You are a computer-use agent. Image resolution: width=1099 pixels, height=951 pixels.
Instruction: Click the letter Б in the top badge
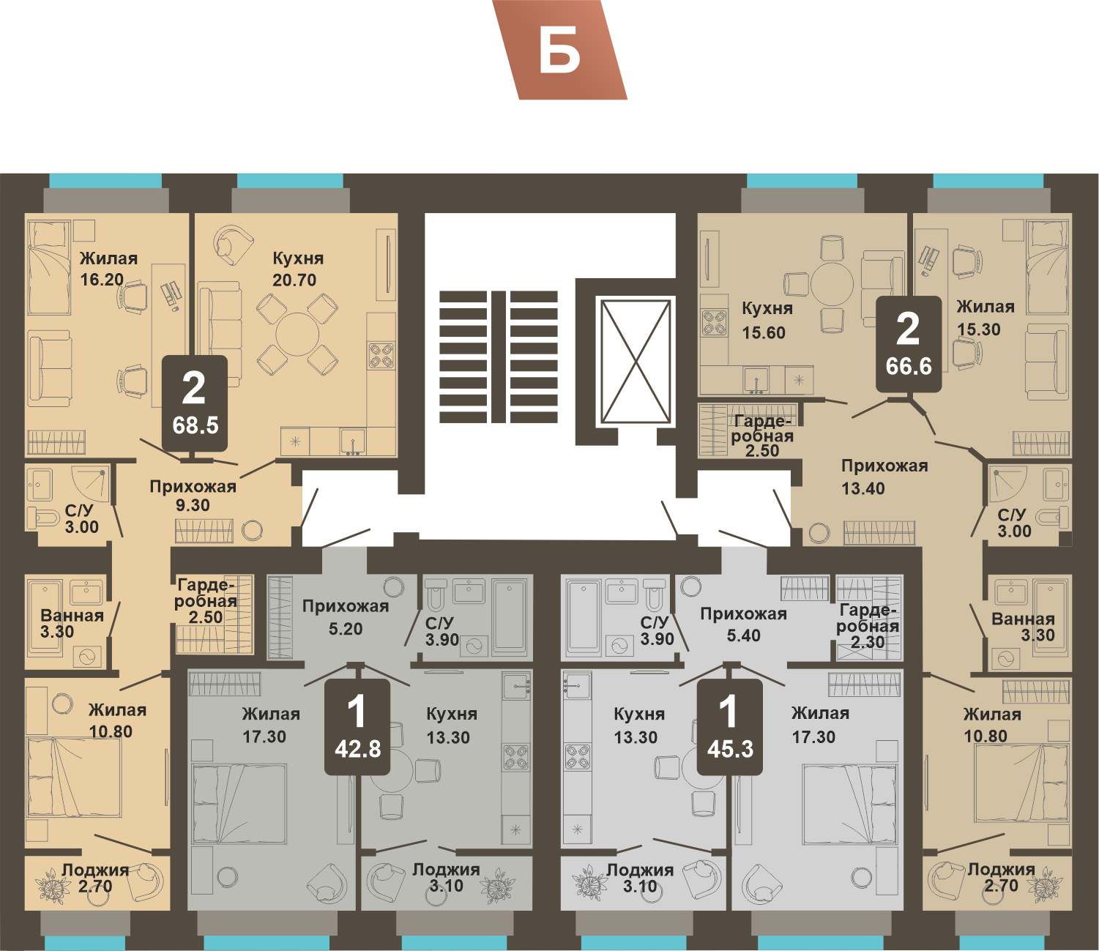(559, 51)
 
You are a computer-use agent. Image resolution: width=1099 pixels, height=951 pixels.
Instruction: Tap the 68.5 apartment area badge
(195, 403)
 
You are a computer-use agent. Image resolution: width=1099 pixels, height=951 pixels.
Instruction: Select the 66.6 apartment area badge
(909, 344)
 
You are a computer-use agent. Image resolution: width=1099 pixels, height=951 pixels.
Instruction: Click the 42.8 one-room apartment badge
(358, 727)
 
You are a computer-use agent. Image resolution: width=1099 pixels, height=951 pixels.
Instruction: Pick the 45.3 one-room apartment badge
(730, 727)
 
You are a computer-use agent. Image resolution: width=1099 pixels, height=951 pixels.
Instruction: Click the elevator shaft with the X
(636, 362)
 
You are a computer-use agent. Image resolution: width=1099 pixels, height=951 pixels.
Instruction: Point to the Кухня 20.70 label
(298, 269)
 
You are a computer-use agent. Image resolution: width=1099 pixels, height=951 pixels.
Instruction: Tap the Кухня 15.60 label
(767, 321)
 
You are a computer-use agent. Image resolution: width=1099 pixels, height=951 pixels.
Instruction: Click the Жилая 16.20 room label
(108, 269)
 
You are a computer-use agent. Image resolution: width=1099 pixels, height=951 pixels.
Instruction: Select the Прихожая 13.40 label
(884, 477)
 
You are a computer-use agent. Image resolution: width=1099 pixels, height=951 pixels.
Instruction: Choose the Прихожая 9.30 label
(193, 496)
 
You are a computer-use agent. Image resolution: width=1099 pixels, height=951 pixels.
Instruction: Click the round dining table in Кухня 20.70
(297, 335)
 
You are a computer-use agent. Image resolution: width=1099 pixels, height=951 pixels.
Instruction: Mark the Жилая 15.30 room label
(986, 318)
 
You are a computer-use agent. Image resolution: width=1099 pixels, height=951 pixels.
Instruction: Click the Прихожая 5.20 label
(346, 617)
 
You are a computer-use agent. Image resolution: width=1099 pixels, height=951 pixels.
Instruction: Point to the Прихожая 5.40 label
(743, 624)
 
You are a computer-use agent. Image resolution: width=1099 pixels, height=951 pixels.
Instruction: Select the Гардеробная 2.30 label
(868, 627)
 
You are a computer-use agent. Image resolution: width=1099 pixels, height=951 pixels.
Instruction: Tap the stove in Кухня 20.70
(381, 356)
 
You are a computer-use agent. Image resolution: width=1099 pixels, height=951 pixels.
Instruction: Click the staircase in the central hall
(499, 357)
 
